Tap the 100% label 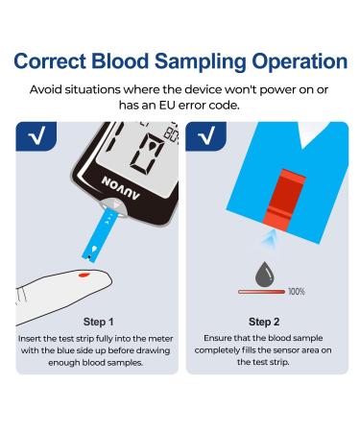[x=297, y=291]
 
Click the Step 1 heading [x=99, y=322]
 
